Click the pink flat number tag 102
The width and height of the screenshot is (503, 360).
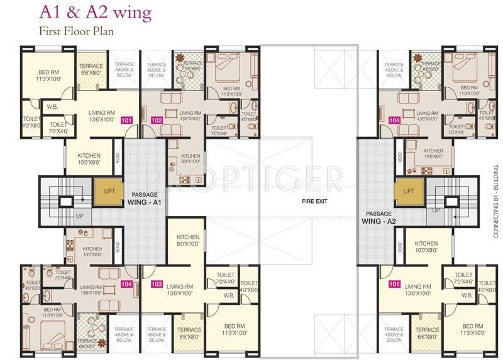(157, 120)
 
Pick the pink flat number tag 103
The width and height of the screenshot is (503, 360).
(157, 284)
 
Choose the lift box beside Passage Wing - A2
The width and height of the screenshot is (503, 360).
(408, 190)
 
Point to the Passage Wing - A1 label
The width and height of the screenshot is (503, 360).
(145, 199)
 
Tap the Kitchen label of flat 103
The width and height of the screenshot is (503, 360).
(188, 241)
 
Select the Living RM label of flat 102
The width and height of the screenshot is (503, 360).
(190, 116)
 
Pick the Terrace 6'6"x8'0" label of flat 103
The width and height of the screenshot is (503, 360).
(189, 333)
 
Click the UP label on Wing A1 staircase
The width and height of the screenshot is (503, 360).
(79, 215)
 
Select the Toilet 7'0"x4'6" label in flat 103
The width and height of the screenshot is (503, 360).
(225, 278)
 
